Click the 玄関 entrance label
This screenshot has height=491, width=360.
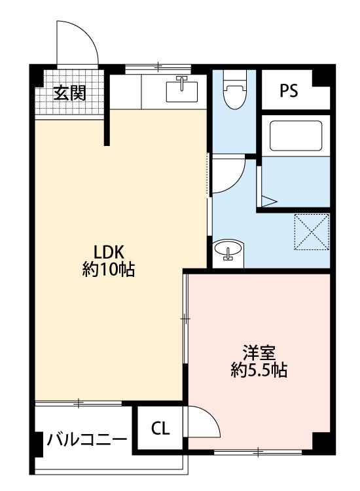click(x=69, y=93)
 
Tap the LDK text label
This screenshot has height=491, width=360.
click(x=109, y=252)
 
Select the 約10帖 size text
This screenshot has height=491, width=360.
click(x=109, y=269)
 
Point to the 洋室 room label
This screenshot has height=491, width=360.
click(x=259, y=353)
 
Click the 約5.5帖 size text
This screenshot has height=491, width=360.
click(x=259, y=371)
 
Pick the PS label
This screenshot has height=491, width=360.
click(x=289, y=90)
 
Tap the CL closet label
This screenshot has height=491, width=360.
click(x=160, y=428)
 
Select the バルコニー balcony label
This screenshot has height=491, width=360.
click(x=86, y=440)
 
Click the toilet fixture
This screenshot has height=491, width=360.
click(x=235, y=89)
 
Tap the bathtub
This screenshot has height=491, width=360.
click(x=296, y=136)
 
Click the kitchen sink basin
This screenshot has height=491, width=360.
click(x=182, y=91)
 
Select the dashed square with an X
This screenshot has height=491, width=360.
click(x=311, y=232)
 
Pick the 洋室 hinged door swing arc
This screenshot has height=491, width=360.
click(x=211, y=418)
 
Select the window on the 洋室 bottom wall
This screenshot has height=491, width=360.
click(x=258, y=452)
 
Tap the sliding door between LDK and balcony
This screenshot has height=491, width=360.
click(x=79, y=403)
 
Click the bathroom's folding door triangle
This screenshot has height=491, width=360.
click(x=268, y=202)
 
